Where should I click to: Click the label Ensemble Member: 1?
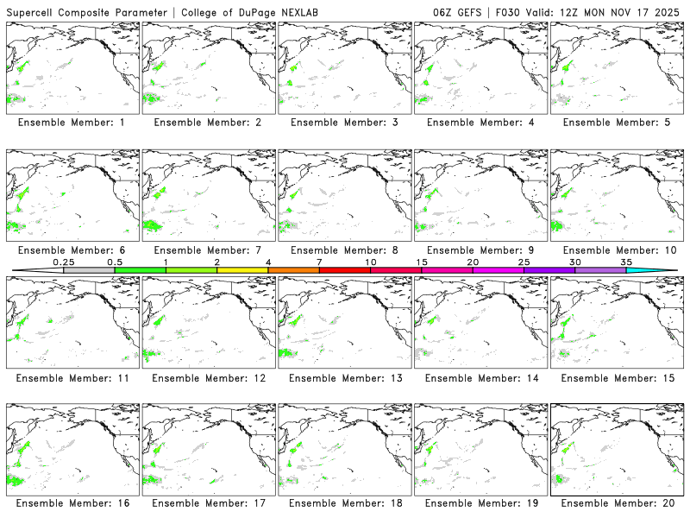71,123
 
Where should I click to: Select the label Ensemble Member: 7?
207,250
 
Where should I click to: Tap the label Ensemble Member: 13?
342,377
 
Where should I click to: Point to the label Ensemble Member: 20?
614,503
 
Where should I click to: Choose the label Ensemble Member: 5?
614,123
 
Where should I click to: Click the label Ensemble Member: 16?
71,503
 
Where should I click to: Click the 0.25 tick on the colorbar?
63,262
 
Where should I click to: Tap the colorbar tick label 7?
319,262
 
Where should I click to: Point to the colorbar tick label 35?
626,262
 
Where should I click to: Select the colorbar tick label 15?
422,262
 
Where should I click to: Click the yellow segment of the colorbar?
242,270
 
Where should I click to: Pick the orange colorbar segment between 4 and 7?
293,270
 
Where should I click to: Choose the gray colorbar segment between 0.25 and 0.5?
89,270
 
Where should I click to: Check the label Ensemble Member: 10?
614,250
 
